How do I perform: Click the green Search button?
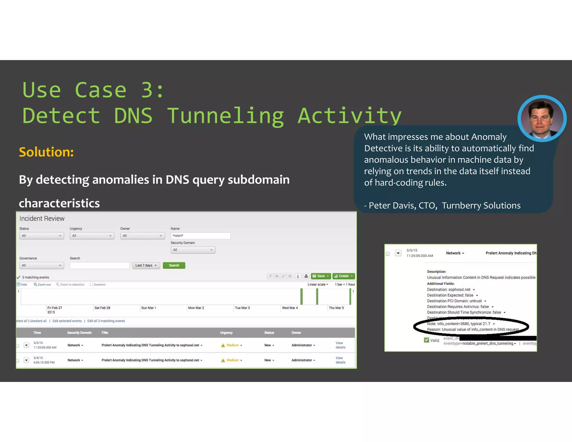pos(174,265)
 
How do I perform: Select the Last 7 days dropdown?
pos(146,265)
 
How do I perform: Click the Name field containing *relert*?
pos(200,236)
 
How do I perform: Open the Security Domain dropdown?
pos(193,250)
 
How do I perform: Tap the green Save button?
pos(321,276)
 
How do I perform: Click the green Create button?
pos(344,276)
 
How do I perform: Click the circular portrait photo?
pos(542,118)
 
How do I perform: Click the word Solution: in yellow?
pos(46,152)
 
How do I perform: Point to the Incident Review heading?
pos(42,218)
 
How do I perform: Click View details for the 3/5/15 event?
pos(340,345)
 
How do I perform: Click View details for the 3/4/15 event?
pos(340,360)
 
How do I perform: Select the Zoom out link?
pos(42,285)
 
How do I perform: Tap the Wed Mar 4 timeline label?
pos(290,308)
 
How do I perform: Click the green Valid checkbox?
pos(426,340)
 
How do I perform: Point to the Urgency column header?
pos(226,333)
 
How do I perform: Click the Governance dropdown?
pos(41,265)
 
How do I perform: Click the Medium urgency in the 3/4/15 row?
pos(233,360)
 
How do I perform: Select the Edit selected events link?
pos(67,321)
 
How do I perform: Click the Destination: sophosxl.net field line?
pos(449,290)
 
